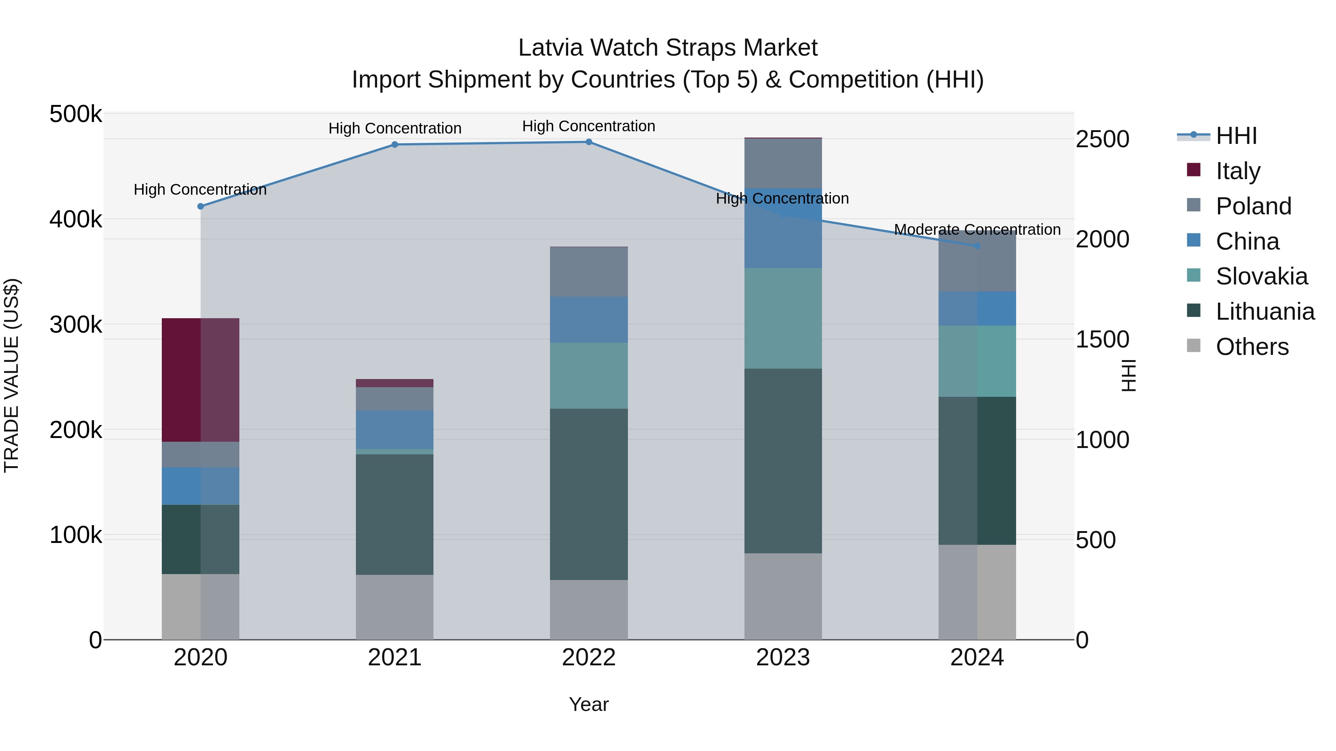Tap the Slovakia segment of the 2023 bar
click(783, 318)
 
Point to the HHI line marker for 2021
click(395, 145)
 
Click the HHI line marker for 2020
click(201, 206)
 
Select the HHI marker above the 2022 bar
click(589, 142)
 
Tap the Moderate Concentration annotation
click(977, 229)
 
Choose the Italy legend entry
click(1237, 171)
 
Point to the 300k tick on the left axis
click(76, 325)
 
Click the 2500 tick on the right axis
click(1102, 139)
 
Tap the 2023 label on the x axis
click(783, 658)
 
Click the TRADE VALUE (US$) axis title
click(12, 375)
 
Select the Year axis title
click(589, 704)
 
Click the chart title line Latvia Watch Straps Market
click(668, 48)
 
